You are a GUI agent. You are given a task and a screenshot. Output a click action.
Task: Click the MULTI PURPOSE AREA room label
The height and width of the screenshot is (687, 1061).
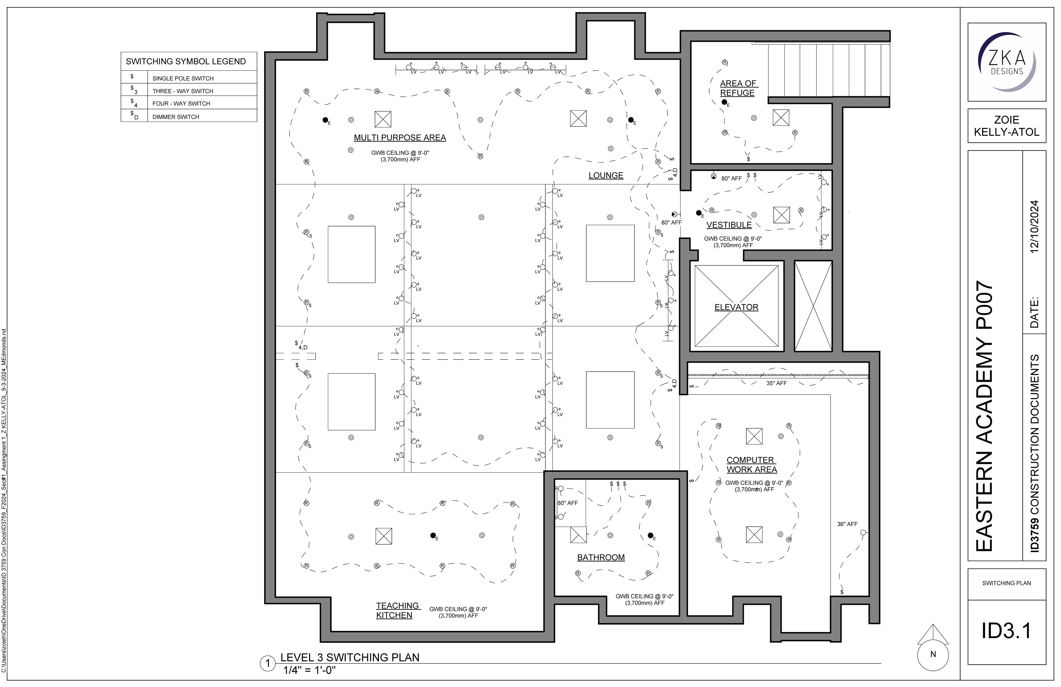coord(400,138)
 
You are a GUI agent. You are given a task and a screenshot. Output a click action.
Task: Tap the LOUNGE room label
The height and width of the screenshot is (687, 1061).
coord(605,175)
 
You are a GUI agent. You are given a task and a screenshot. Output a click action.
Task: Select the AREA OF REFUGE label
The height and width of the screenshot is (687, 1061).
coord(738,88)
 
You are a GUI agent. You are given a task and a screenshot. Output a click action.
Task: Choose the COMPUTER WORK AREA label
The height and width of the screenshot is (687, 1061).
coord(752,464)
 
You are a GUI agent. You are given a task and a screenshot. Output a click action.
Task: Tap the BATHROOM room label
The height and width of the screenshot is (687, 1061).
coord(600,557)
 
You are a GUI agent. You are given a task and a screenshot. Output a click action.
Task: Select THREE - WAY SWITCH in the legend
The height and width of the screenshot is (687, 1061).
coord(183,91)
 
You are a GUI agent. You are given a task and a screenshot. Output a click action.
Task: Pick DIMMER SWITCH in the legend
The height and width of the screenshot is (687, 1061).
coord(176,117)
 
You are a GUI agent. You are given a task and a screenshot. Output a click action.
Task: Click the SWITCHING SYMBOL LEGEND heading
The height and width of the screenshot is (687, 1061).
coord(185,62)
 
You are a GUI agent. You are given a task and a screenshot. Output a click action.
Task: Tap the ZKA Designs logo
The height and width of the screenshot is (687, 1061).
coord(1007,62)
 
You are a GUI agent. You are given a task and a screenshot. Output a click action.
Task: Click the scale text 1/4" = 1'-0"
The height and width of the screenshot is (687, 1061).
coord(309,670)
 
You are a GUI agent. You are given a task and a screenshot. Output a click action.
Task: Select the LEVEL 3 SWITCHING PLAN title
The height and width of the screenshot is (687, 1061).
coord(350,657)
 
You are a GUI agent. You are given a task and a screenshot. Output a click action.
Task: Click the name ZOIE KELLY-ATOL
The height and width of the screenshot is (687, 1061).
coord(1007,126)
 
